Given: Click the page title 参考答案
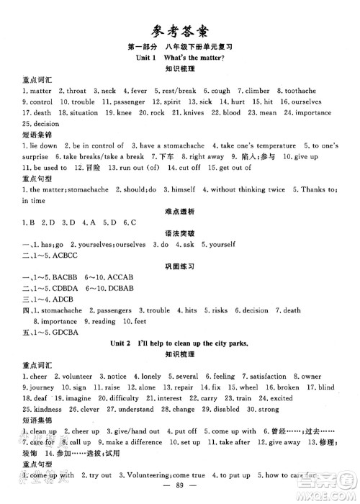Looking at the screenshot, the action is (x=179, y=30).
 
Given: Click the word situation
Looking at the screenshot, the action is (x=80, y=113).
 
